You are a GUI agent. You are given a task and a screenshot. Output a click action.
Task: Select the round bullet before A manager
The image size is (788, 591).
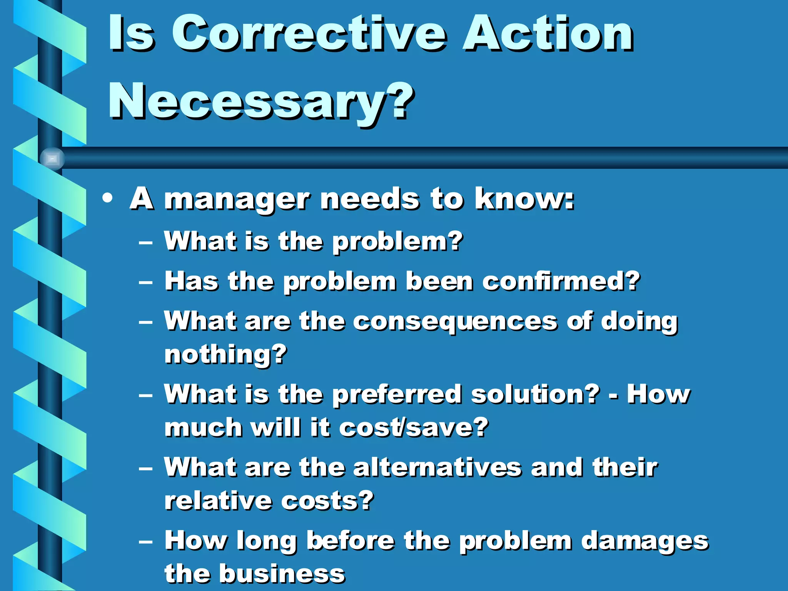point(108,199)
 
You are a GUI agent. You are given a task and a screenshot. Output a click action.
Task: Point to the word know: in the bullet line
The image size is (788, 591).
point(524,199)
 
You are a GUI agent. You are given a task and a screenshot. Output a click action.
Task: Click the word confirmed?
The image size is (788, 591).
point(561,281)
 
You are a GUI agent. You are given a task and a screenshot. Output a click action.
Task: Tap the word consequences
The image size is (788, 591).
point(455,322)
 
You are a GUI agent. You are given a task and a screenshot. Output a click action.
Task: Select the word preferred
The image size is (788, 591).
point(397,396)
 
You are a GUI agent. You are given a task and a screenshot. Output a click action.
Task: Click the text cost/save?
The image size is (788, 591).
point(414,427)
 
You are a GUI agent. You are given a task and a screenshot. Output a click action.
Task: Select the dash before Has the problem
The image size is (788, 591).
point(146,283)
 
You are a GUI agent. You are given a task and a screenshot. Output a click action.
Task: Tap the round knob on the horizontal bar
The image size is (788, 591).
point(52,159)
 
